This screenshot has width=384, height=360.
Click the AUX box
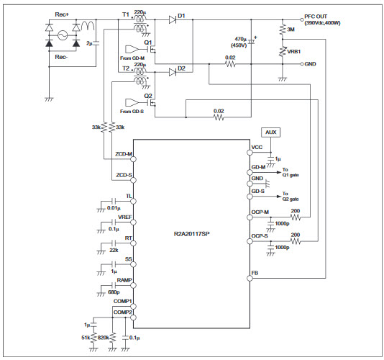point(270,132)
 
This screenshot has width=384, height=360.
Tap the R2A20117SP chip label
point(191,234)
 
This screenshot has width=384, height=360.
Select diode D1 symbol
point(173,19)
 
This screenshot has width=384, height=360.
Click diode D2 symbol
point(173,72)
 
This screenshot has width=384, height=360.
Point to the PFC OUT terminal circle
point(302,19)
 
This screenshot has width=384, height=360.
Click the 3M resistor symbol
point(283,30)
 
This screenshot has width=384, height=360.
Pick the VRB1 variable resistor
point(283,51)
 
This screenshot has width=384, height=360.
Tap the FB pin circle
point(250,279)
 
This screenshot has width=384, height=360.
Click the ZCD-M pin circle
point(134,159)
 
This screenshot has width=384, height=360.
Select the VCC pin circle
point(250,153)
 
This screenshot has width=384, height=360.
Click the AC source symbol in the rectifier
point(63,35)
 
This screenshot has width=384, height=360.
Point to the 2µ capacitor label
point(89,43)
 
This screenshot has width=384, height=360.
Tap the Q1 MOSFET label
point(148,42)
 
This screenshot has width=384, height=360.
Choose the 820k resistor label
point(103,338)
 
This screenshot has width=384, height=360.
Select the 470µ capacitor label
point(240,39)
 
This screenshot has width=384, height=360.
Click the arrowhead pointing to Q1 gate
point(279,172)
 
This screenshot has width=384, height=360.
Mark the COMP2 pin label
point(123,312)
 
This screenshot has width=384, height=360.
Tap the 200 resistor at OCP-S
point(296,241)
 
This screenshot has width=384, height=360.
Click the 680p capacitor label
point(114,292)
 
